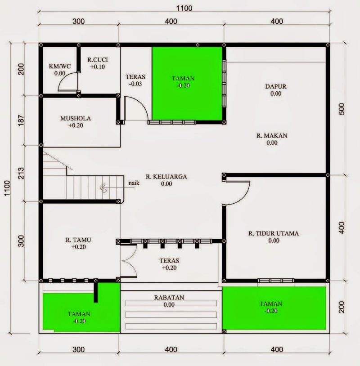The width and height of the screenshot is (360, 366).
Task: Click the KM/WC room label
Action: (x=59, y=67)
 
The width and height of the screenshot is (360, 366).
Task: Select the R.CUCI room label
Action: (x=98, y=60)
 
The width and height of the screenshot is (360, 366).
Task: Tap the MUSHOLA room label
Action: (x=76, y=119)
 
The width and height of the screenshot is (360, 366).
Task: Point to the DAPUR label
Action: (x=275, y=86)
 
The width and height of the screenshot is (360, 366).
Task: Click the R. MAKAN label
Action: (x=272, y=135)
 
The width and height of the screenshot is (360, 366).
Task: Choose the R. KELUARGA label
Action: (x=166, y=177)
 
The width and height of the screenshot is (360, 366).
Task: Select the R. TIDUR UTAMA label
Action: (x=274, y=233)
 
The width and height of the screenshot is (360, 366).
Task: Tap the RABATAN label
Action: (x=169, y=297)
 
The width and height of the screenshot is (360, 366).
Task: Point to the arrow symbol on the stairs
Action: (x=103, y=187)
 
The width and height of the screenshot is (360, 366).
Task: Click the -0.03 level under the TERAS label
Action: (x=135, y=84)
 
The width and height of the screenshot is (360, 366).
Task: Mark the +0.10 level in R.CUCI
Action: (x=98, y=67)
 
